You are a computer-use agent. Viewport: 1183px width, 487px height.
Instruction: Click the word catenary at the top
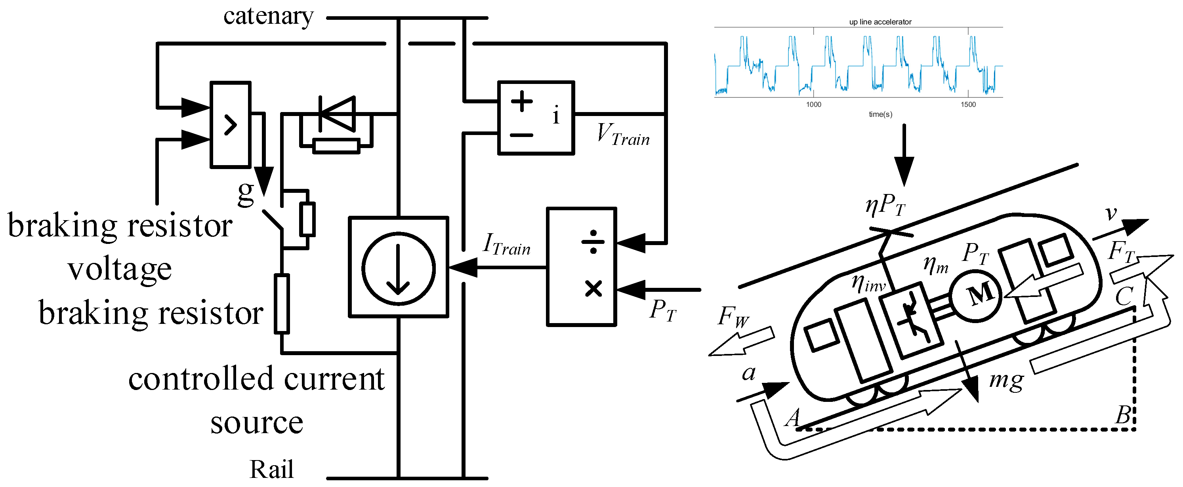268,17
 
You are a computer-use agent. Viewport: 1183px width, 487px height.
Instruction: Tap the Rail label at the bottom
271,470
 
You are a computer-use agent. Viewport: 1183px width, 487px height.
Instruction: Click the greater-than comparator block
231,125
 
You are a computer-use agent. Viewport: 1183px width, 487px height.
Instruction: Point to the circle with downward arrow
398,268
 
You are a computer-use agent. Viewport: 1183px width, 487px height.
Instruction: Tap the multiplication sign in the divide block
593,289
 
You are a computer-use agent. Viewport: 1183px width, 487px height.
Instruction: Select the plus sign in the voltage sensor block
522,101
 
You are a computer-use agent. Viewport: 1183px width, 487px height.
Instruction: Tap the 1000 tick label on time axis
813,105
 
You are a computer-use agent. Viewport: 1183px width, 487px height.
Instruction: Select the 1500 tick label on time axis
968,105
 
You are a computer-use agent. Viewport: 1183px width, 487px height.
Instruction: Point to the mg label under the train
1006,380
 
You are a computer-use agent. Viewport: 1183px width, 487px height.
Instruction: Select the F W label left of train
733,317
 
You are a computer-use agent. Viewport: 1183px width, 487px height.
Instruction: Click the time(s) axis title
880,114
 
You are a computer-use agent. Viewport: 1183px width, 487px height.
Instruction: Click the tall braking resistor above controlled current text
282,303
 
